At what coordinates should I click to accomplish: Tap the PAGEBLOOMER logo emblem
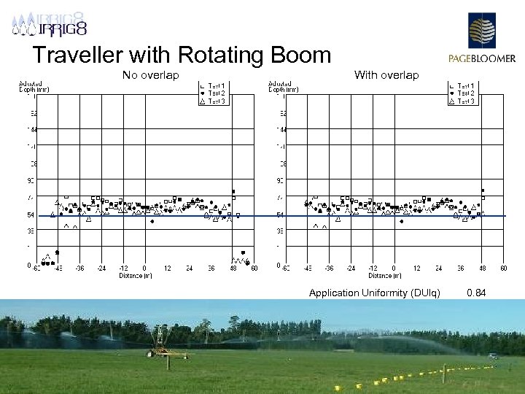pos(481,33)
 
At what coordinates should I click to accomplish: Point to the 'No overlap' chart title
pos(150,74)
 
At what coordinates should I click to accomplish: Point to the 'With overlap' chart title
pos(386,74)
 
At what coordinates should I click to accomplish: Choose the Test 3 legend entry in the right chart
pos(466,101)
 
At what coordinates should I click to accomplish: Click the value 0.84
pos(476,293)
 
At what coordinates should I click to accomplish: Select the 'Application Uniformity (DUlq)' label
pos(374,293)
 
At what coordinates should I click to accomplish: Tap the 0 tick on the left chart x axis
pos(145,269)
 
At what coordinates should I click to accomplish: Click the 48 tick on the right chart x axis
pos(482,269)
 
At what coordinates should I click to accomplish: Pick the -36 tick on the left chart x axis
pos(79,269)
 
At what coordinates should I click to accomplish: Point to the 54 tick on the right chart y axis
pos(280,215)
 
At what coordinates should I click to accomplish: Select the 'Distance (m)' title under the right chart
pos(384,276)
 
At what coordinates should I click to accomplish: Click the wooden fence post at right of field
pos(443,374)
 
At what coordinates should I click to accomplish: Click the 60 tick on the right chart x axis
pos(503,269)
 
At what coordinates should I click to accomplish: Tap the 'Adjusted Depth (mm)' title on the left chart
pos(31,87)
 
